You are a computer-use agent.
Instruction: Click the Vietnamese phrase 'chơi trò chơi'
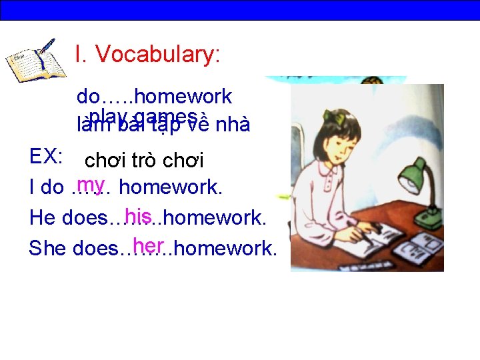tap(145, 161)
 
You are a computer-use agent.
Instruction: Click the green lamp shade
tap(414, 175)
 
